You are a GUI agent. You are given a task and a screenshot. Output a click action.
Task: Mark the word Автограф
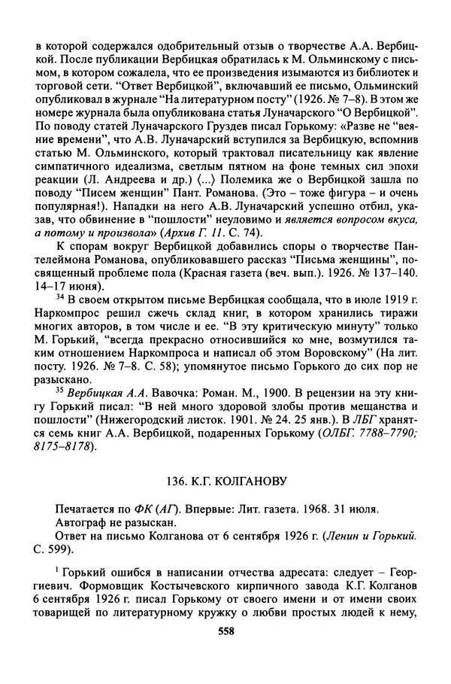pos(82,522)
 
